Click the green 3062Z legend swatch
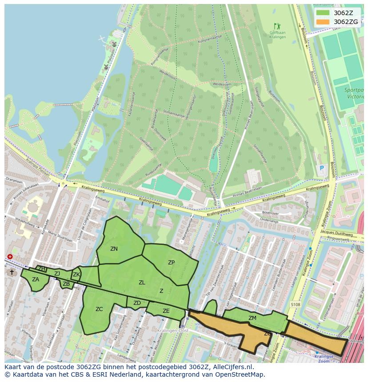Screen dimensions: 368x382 (x=323, y=13)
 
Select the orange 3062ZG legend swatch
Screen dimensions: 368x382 (x=323, y=22)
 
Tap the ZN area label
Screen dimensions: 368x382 (x=114, y=249)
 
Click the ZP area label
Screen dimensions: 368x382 (x=171, y=263)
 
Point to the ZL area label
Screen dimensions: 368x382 (x=142, y=283)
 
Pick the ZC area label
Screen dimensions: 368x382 (x=99, y=309)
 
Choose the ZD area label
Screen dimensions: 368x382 (x=137, y=303)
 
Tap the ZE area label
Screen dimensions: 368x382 (x=166, y=311)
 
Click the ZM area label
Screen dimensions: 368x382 (x=252, y=318)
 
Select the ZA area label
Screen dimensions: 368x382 (x=36, y=280)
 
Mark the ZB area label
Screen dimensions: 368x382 (x=66, y=284)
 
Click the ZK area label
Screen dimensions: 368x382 (x=76, y=275)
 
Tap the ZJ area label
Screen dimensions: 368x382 (x=57, y=274)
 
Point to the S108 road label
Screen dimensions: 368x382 (x=296, y=305)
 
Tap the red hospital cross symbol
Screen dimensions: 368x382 (x=10, y=257)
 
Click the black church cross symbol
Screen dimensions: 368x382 (x=12, y=272)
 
